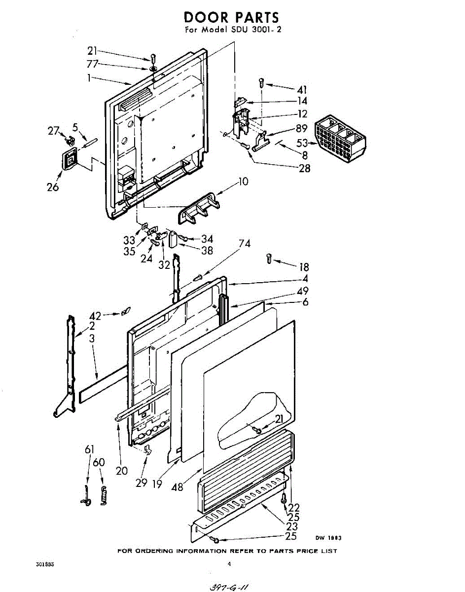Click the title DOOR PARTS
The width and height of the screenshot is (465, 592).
pos(231,17)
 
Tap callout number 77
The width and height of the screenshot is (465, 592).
pos(92,64)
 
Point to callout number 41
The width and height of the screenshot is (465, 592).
pos(302,90)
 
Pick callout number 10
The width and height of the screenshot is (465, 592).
pos(242,182)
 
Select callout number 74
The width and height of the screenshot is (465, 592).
pos(244,244)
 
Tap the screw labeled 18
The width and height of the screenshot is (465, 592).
pos(269,258)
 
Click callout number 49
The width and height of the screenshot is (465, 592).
pos(303,291)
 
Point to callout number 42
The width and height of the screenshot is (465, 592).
pos(95,316)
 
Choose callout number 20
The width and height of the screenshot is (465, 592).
pos(122,470)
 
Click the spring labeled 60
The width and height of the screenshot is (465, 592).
pos(103,495)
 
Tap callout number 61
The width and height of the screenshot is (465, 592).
pos(89,449)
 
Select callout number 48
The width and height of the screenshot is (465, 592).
pos(177,487)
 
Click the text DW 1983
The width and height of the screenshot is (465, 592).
pos(328,538)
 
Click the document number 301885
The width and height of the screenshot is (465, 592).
pos(45,563)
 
